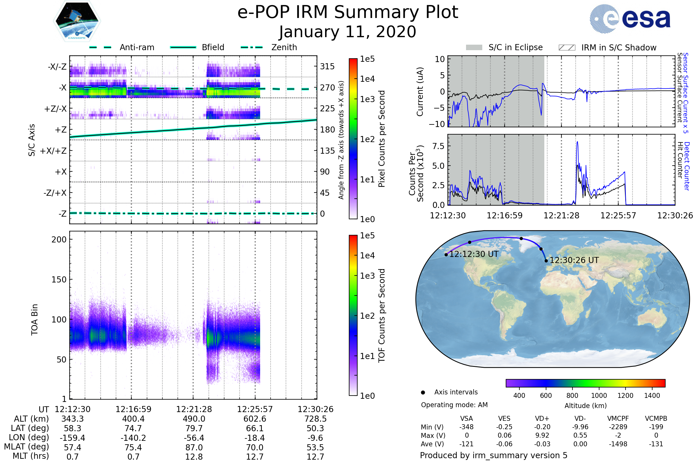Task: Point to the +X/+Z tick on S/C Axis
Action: pyautogui.click(x=53, y=151)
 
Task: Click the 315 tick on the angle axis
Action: pyautogui.click(x=327, y=66)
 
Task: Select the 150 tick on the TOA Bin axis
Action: pyautogui.click(x=59, y=279)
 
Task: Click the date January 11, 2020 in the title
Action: pyautogui.click(x=348, y=32)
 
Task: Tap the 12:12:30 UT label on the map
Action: pyautogui.click(x=474, y=254)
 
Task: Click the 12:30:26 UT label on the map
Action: pyautogui.click(x=574, y=260)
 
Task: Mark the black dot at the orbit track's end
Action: pyautogui.click(x=546, y=261)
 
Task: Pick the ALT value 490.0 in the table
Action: pyautogui.click(x=194, y=419)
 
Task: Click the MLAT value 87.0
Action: pyautogui.click(x=194, y=447)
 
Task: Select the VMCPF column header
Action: pyautogui.click(x=618, y=418)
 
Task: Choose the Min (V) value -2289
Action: pyautogui.click(x=618, y=427)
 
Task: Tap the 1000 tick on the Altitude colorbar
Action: pyautogui.click(x=599, y=396)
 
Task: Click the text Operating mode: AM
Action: pyautogui.click(x=454, y=405)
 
